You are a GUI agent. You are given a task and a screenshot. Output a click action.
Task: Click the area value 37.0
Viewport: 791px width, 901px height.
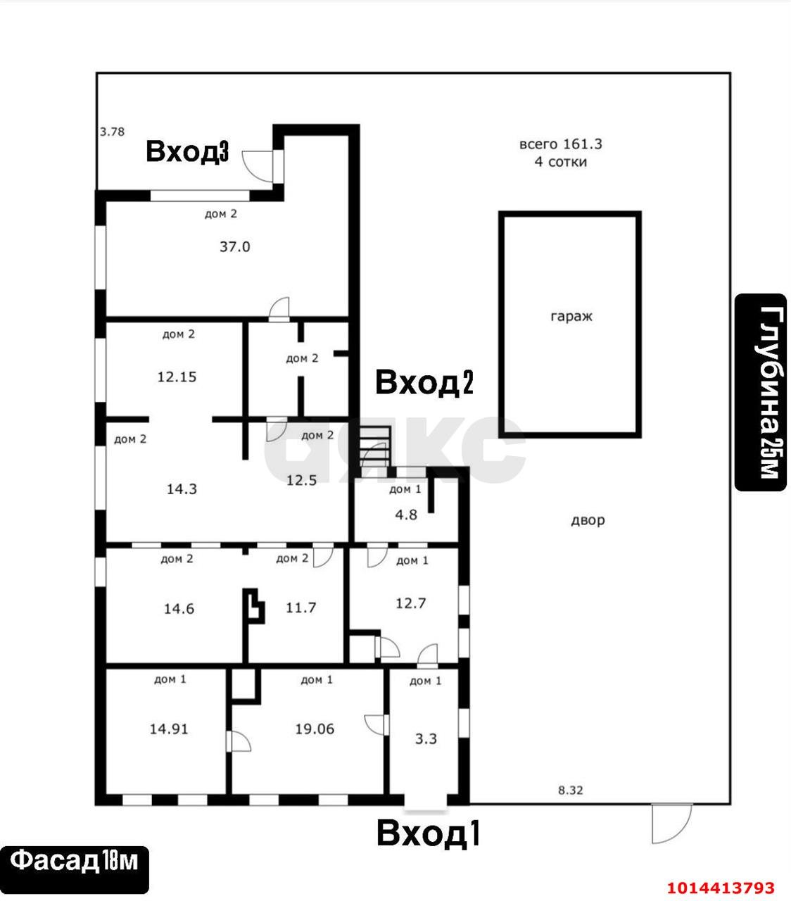235,246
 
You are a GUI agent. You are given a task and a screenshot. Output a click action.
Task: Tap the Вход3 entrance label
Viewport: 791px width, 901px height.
187,151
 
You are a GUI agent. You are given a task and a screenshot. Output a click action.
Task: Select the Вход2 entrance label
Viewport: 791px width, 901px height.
424,382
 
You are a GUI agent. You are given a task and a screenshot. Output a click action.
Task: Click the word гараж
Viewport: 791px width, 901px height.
571,317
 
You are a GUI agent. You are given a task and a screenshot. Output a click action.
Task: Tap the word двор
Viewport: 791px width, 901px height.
588,520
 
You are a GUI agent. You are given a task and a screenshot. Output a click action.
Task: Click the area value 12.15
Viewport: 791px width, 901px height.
177,377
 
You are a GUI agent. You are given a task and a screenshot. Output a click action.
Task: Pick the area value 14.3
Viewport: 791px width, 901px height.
182,489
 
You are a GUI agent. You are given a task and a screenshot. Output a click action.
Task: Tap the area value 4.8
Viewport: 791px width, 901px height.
406,515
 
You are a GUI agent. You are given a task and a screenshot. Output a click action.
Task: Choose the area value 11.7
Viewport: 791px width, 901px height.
301,607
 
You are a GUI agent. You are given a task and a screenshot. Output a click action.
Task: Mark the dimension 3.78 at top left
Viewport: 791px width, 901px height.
112,132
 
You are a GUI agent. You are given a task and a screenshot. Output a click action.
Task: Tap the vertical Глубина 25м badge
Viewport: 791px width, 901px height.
761,393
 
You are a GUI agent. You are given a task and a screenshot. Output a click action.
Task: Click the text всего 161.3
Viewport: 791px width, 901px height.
561,144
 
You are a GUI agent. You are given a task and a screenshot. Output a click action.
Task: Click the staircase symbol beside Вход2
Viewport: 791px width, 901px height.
375,448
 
